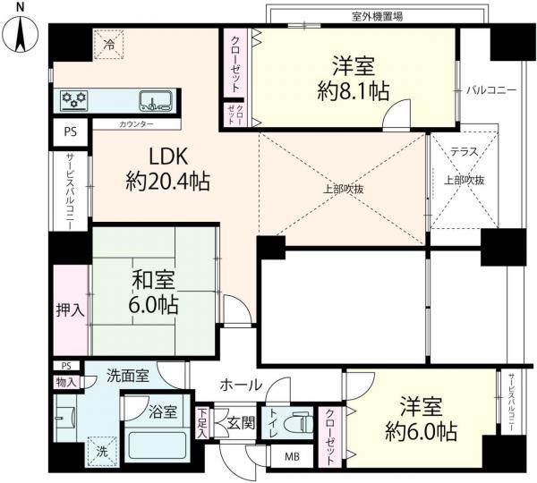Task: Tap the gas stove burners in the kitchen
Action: (74, 101)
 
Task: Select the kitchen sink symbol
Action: (155, 101)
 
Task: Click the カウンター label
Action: (136, 124)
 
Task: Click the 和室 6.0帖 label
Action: (153, 292)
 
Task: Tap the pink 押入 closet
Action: (70, 309)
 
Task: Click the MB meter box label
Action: (292, 456)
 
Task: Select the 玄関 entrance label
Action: (242, 423)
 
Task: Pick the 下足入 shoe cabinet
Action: (202, 423)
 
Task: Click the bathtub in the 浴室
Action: (158, 444)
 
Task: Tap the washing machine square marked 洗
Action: (102, 452)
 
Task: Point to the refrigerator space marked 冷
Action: (109, 44)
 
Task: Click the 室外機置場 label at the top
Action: (377, 16)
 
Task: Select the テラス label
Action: (464, 152)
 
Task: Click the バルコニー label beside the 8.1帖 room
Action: (491, 90)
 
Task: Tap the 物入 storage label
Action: (66, 382)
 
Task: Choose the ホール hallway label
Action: (241, 386)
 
